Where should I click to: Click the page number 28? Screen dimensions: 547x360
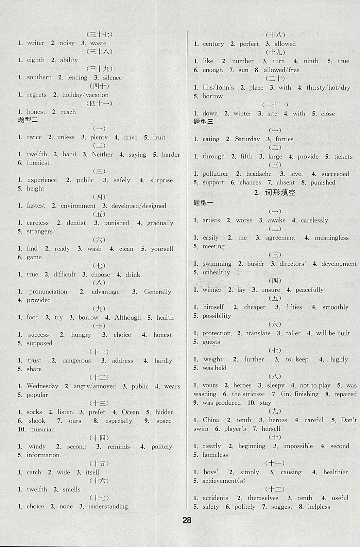(x=187, y=520)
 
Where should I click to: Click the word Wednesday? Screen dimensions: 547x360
(x=43, y=386)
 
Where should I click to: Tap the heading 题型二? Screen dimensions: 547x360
(x=28, y=120)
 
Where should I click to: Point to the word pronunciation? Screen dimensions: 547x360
(x=48, y=292)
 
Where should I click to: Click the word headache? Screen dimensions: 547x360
(x=259, y=174)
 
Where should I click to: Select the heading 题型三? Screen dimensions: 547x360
(x=204, y=122)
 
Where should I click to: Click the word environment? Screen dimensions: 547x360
(x=78, y=206)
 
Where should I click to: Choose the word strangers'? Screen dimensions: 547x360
(x=40, y=232)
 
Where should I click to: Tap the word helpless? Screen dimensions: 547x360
(x=319, y=507)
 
